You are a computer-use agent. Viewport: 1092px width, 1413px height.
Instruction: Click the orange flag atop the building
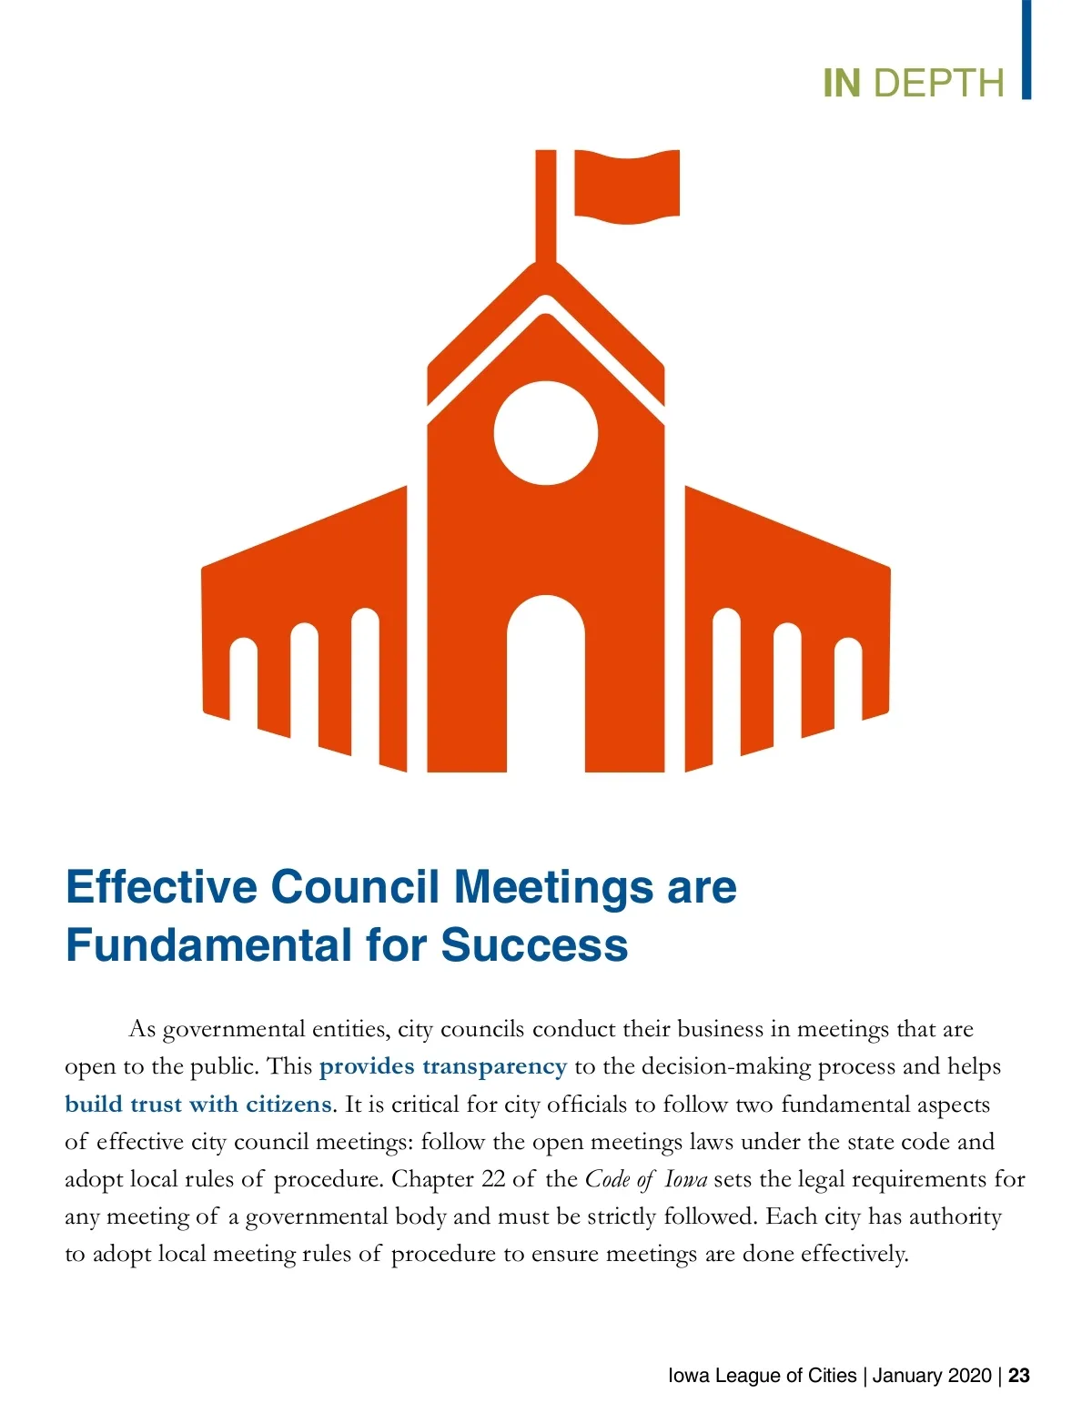click(x=627, y=186)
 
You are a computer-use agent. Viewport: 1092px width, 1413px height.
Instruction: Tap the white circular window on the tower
click(x=546, y=433)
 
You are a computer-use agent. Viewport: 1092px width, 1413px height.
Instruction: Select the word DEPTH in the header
click(x=938, y=83)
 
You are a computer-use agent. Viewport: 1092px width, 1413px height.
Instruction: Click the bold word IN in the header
click(x=841, y=83)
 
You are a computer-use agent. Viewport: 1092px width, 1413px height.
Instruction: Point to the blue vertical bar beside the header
click(x=1026, y=49)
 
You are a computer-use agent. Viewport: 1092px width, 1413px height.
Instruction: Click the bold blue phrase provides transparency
click(x=442, y=1066)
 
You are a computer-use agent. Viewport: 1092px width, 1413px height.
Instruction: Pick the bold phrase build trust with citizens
click(x=198, y=1104)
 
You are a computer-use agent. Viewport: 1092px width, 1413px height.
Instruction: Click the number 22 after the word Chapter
click(x=493, y=1179)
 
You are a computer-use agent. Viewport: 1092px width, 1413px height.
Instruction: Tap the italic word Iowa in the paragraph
click(x=686, y=1179)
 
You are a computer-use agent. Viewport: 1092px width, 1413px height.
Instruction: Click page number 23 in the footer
click(x=1019, y=1375)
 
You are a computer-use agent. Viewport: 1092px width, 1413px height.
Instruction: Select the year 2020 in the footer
click(x=966, y=1375)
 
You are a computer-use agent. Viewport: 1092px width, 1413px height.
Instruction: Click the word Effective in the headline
click(x=161, y=887)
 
